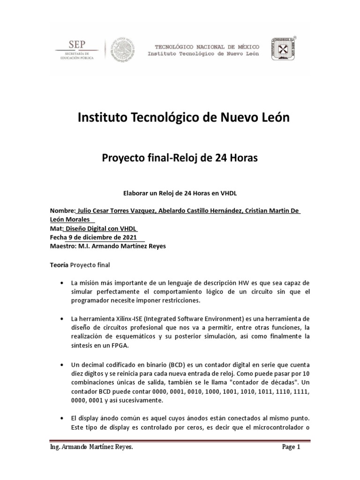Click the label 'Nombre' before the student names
(62, 211)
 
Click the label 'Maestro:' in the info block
(64, 246)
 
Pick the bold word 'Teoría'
(59, 265)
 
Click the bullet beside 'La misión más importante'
(62, 284)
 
